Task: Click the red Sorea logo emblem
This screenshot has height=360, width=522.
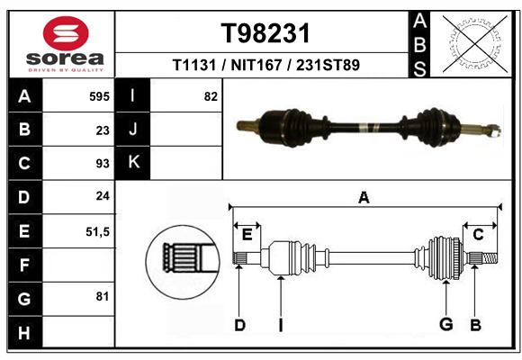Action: (66, 33)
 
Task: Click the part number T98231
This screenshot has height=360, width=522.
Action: (265, 33)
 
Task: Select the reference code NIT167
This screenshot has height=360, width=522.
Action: (256, 65)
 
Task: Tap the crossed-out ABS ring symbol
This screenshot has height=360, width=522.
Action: (475, 44)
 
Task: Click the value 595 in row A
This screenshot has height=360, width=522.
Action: (99, 96)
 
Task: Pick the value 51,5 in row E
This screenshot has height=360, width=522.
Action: (97, 231)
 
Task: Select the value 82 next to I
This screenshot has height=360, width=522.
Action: (211, 96)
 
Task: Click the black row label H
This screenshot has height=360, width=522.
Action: (25, 332)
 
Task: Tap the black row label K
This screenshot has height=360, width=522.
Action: (133, 163)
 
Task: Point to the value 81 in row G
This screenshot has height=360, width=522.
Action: (103, 296)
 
